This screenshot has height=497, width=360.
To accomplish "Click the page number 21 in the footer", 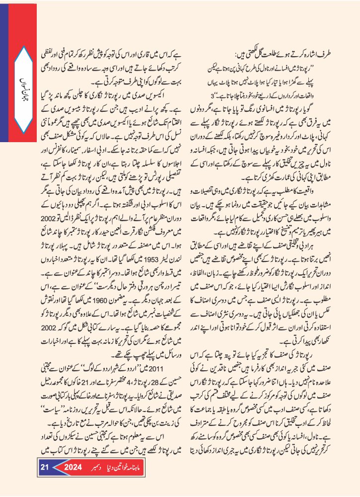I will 44,481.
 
